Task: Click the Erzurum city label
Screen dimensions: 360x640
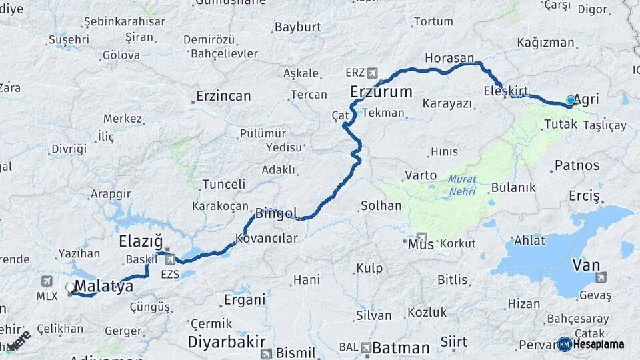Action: [381, 91]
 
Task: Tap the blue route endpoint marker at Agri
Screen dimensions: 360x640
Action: [571, 101]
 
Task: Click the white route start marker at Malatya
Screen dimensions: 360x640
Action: [70, 288]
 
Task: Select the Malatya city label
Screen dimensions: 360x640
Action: [104, 287]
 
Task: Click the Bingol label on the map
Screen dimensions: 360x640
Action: [275, 214]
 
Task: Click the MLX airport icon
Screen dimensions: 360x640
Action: [47, 281]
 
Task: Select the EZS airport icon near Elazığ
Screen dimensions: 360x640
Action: [170, 259]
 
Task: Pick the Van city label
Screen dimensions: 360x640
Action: [586, 265]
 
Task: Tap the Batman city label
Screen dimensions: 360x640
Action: [401, 348]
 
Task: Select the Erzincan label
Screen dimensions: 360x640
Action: [223, 97]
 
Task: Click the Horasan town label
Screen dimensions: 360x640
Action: [449, 58]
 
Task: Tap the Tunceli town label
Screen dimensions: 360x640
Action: [224, 184]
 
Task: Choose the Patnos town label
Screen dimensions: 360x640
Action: [577, 165]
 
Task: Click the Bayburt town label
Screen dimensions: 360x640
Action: [297, 27]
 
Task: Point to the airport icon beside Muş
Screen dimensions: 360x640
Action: [421, 237]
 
